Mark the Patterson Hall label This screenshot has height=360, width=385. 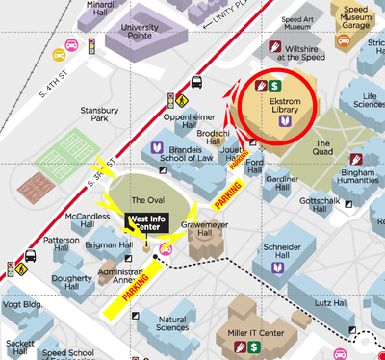[62, 245]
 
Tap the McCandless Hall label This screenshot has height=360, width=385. [86, 221]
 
